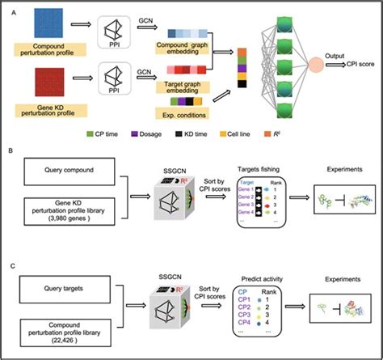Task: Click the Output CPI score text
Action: [351, 64]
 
